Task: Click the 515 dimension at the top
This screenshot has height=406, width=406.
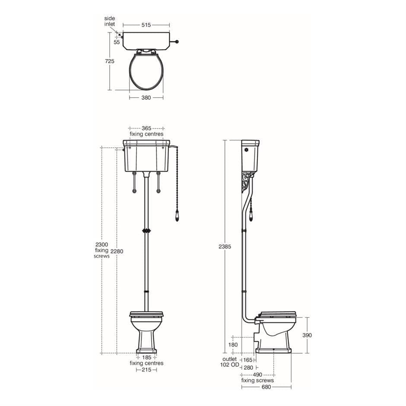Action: (x=146, y=25)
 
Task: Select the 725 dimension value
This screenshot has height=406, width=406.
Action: (x=110, y=61)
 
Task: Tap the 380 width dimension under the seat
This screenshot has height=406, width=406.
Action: (x=146, y=98)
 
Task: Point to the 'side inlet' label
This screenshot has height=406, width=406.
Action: (x=109, y=21)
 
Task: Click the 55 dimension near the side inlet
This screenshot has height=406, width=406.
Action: (x=117, y=42)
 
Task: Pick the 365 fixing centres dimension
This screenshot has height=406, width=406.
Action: (x=146, y=128)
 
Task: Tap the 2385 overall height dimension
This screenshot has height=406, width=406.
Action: (x=225, y=247)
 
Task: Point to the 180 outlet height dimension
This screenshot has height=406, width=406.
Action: (x=233, y=345)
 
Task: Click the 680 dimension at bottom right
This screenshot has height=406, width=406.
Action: (x=266, y=387)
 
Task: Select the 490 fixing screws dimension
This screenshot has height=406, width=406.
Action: (x=257, y=374)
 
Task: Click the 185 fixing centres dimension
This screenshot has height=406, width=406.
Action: (x=146, y=358)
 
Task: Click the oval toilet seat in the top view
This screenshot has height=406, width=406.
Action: (x=146, y=70)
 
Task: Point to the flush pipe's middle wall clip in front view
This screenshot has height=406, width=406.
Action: (x=146, y=231)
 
